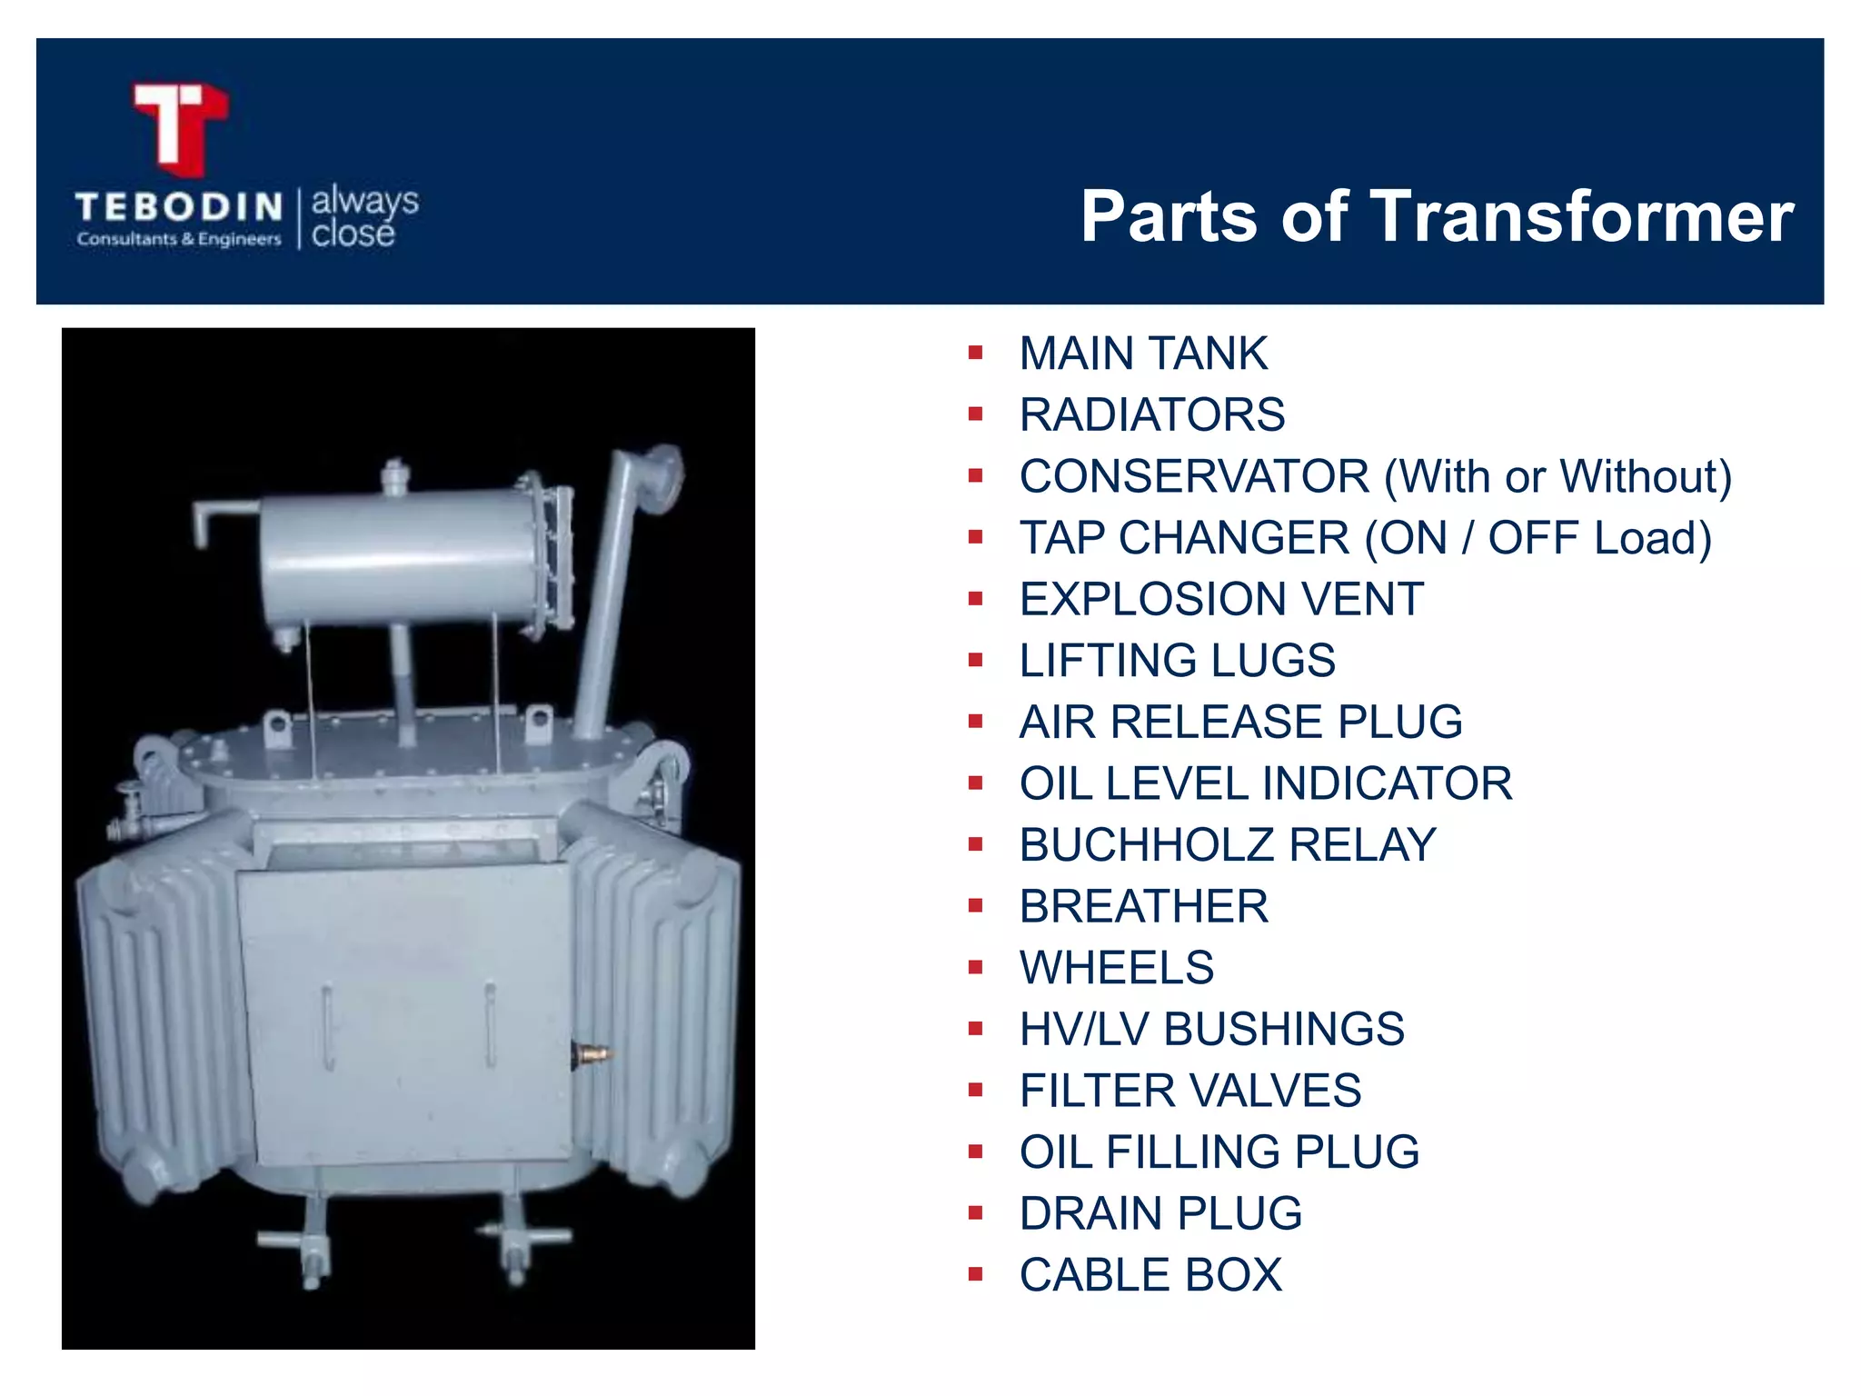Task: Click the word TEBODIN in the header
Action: click(x=179, y=207)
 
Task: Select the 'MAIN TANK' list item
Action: click(x=1143, y=354)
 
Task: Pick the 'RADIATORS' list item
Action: click(x=1152, y=415)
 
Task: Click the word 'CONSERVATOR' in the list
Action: click(x=1194, y=476)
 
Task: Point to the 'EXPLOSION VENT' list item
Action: click(x=1221, y=600)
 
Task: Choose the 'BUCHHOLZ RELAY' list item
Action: click(x=1228, y=845)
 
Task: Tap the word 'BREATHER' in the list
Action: click(x=1143, y=907)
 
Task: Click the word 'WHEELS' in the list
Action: click(x=1117, y=968)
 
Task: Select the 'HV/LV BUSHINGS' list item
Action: click(x=1211, y=1030)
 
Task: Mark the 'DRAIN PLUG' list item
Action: click(x=1160, y=1214)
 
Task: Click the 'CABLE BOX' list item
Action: click(x=1150, y=1275)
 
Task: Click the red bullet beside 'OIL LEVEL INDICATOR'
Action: click(x=976, y=783)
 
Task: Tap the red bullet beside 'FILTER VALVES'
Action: click(x=976, y=1091)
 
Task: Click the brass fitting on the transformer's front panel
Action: click(x=592, y=1054)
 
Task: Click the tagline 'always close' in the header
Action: click(x=364, y=216)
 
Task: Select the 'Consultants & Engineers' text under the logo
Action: click(x=179, y=239)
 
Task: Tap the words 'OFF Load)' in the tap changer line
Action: click(x=1599, y=538)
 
